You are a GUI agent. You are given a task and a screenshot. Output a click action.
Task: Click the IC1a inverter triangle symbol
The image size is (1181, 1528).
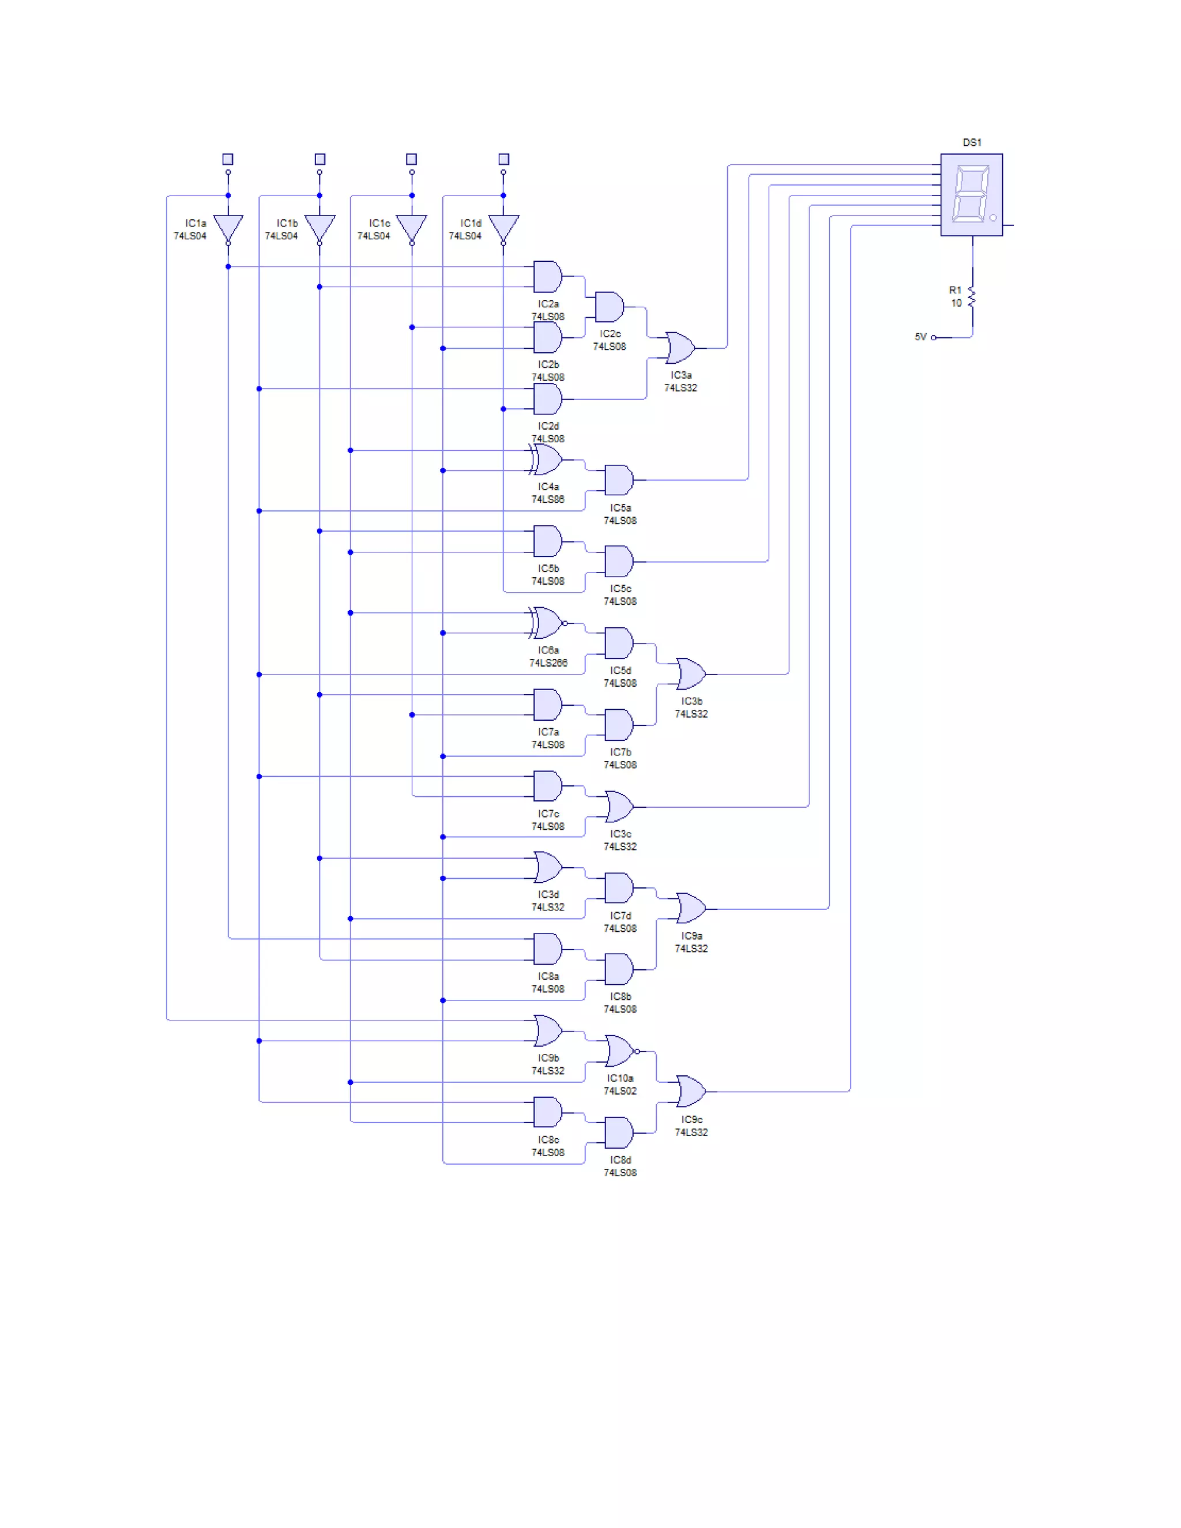[228, 227]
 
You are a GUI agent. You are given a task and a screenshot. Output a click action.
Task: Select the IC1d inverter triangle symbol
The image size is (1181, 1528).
[503, 227]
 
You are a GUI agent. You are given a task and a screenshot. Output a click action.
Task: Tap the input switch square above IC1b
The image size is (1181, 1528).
[319, 159]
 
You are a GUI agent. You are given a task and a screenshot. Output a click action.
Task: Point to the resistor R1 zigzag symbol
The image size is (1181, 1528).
[972, 296]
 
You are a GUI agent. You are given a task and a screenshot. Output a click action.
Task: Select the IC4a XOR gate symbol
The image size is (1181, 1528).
[547, 460]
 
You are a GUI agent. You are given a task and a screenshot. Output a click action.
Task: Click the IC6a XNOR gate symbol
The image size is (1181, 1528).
[547, 623]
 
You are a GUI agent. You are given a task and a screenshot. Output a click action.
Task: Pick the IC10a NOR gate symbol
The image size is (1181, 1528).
[620, 1051]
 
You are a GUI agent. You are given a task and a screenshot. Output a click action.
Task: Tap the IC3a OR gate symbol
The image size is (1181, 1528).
[680, 348]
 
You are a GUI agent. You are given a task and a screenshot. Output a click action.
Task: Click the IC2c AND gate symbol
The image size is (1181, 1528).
[610, 307]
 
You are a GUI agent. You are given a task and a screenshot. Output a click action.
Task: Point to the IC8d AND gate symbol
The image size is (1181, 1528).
[619, 1132]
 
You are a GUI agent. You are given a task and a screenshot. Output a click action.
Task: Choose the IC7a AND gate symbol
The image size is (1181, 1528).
[547, 705]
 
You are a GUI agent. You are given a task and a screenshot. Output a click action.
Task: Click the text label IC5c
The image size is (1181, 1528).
[620, 588]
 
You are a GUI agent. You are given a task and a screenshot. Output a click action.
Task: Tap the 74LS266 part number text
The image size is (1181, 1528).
[548, 663]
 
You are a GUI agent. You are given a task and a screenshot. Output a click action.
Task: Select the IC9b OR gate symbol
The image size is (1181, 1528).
[547, 1030]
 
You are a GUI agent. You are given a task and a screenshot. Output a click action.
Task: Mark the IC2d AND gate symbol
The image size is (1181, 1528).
[547, 399]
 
